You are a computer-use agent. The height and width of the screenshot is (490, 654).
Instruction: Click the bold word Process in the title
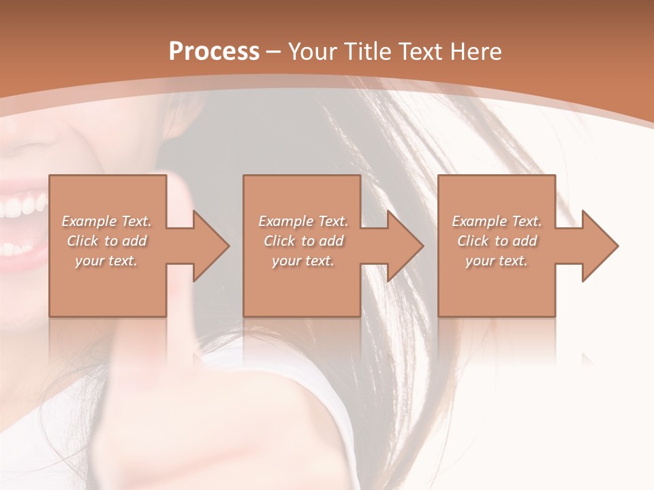(x=214, y=52)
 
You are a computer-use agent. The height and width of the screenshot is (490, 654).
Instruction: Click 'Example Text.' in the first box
(x=106, y=221)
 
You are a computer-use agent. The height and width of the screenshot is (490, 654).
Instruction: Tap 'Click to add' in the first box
(x=106, y=241)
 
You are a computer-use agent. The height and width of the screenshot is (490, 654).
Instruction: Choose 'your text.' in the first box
(x=106, y=261)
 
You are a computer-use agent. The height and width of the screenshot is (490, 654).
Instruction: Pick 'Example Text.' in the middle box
(x=303, y=221)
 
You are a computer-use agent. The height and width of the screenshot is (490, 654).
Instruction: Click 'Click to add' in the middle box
(x=303, y=241)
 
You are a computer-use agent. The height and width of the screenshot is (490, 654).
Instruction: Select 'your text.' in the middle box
(x=303, y=261)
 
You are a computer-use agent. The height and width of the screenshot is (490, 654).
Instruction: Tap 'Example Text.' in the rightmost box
(x=497, y=221)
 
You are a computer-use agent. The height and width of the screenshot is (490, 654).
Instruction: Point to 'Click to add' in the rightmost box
(x=497, y=241)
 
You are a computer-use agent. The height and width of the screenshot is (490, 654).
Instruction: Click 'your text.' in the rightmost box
(x=497, y=261)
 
